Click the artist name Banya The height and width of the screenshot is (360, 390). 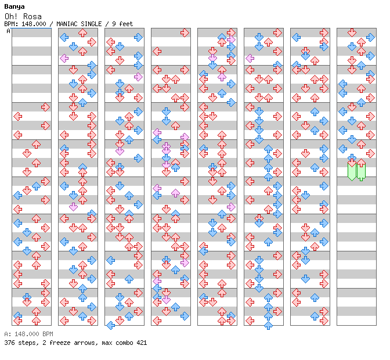coord(15,7)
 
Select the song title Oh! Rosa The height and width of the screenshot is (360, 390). coord(23,16)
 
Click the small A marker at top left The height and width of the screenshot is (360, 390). coord(9,31)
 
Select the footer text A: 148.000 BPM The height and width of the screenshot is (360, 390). coord(28,334)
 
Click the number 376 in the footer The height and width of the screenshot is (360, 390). coord(9,343)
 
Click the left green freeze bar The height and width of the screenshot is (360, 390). coord(352,172)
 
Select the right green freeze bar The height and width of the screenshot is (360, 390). coord(361,172)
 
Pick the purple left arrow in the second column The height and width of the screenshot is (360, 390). coord(64,59)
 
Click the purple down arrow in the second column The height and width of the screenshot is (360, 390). coord(73,207)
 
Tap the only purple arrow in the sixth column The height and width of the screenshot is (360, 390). coord(250,59)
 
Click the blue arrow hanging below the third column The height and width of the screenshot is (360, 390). coord(110,325)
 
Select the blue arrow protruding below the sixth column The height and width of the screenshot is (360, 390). coord(268,325)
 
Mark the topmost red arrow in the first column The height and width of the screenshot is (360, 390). coord(45,107)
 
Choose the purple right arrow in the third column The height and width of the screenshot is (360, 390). coord(138,77)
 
